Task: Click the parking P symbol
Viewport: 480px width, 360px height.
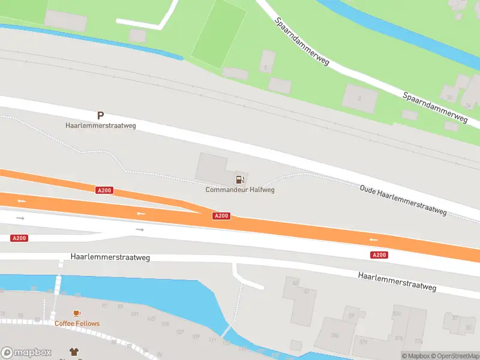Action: click(100, 115)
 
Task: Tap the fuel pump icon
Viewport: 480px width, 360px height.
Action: click(240, 179)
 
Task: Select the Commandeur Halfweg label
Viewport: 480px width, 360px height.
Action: click(240, 190)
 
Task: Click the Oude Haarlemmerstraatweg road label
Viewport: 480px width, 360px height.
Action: click(403, 199)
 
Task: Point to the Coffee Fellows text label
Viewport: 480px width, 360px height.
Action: click(77, 323)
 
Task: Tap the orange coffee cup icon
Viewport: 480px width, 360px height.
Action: click(76, 313)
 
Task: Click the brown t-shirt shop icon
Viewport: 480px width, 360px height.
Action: click(74, 352)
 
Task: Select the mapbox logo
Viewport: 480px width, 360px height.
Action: click(26, 353)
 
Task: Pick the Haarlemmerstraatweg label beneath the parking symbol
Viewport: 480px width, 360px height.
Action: click(101, 126)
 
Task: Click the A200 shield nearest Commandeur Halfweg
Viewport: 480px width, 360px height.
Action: click(221, 216)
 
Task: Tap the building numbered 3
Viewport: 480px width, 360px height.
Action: click(359, 97)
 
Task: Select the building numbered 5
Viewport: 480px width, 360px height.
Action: click(266, 68)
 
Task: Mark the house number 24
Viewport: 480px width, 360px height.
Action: click(468, 105)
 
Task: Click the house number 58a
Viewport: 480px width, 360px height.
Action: click(335, 335)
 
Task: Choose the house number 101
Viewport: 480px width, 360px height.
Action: click(134, 314)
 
